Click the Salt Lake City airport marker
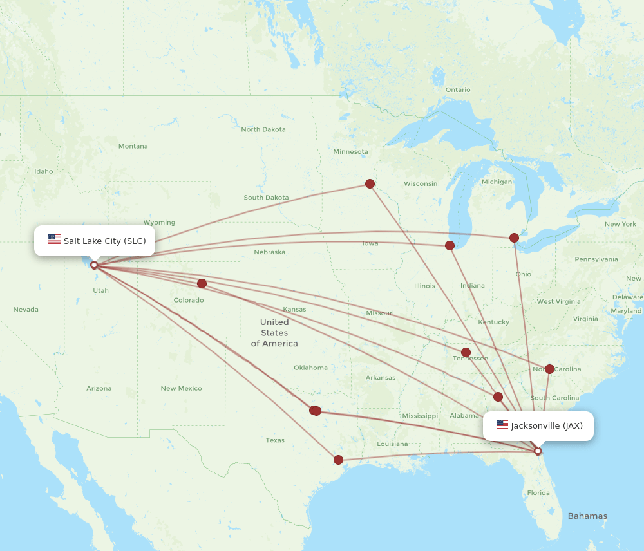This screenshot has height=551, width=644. [94, 265]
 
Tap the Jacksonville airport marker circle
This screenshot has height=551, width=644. [538, 451]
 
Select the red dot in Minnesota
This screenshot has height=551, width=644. [370, 183]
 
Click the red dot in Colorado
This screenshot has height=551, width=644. [202, 283]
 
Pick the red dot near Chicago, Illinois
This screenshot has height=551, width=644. [450, 245]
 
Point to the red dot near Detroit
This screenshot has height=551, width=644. [514, 238]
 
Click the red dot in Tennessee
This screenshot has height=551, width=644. [466, 352]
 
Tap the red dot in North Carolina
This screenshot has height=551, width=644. [549, 369]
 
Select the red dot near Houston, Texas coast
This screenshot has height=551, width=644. [338, 460]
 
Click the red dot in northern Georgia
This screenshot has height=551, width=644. [498, 397]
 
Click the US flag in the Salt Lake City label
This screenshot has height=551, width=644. [54, 239]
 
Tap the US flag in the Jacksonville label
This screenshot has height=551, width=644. [502, 425]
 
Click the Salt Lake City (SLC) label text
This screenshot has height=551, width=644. [104, 241]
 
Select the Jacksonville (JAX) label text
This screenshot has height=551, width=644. [547, 425]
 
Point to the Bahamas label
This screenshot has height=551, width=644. [587, 516]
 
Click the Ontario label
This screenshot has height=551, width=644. [458, 89]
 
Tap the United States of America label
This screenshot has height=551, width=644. [274, 332]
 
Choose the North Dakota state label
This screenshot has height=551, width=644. [263, 129]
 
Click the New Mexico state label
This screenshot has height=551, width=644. [181, 388]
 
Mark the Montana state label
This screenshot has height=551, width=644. [133, 146]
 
